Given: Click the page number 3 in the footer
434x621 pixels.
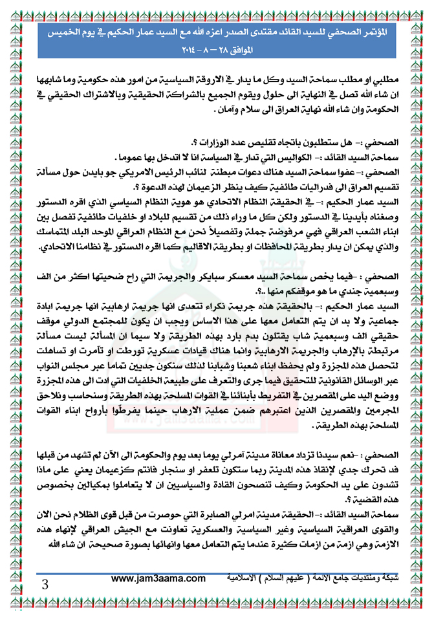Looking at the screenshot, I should pos(45,585).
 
